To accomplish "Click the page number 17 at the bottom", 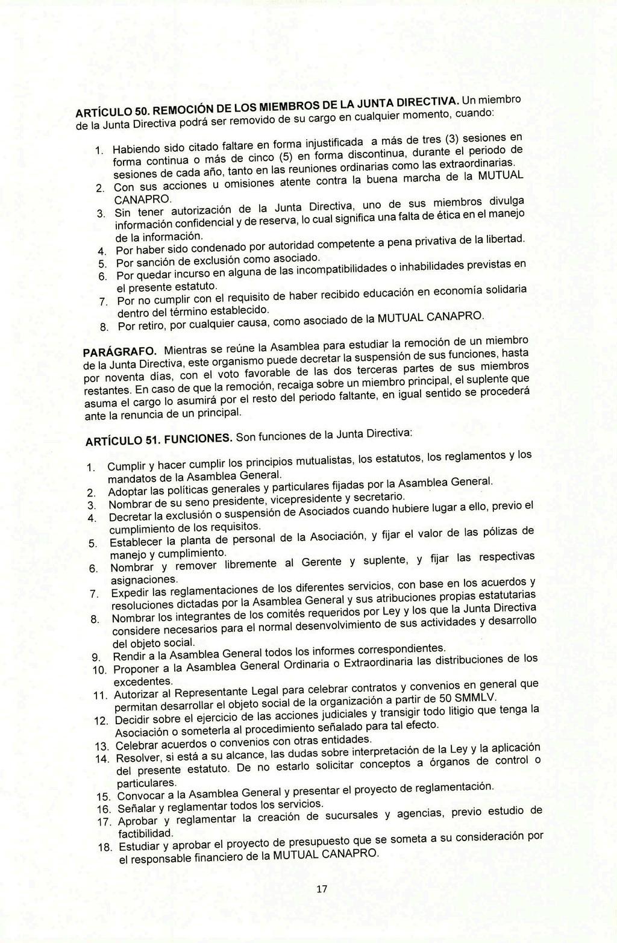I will [322, 889].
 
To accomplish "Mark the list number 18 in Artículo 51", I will [106, 847].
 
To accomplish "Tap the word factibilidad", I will [145, 833].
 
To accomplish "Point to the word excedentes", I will [143, 681].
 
